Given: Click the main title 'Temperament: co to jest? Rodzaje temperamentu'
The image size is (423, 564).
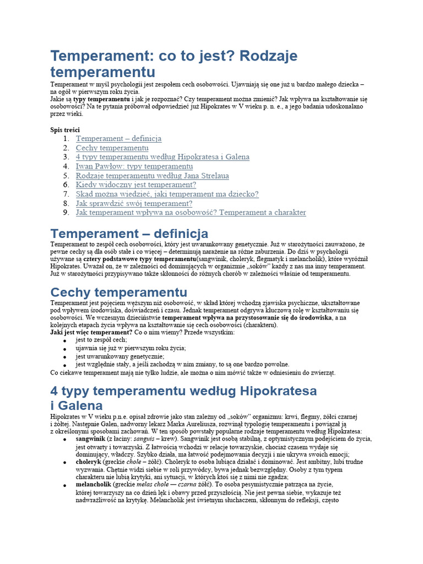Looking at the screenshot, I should tap(174, 64).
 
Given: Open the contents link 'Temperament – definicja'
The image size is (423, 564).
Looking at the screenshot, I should tap(118, 139).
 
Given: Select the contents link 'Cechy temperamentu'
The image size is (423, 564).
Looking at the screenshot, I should tap(112, 148).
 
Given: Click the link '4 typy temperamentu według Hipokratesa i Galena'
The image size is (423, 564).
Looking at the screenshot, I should tap(162, 157).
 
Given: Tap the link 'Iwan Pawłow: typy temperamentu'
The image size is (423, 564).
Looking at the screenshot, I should tap(134, 166).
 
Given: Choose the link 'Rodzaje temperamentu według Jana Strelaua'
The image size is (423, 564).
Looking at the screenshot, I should tap(152, 176).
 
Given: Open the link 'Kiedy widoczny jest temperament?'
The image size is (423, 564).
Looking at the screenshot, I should tap(135, 185).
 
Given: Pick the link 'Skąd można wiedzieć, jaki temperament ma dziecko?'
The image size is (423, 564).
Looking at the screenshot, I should tap(167, 194).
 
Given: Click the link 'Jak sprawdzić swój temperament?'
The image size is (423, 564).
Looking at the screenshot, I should tap(134, 203).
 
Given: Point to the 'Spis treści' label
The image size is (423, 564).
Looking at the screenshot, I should tap(65, 129).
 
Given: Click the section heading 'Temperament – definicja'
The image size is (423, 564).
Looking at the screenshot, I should tap(129, 234).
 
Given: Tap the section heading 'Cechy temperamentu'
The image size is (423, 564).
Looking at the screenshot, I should tap(118, 292).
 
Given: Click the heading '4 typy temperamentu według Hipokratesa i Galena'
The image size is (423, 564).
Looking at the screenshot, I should tap(183, 398).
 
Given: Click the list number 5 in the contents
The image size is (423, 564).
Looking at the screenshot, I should tap(66, 176).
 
